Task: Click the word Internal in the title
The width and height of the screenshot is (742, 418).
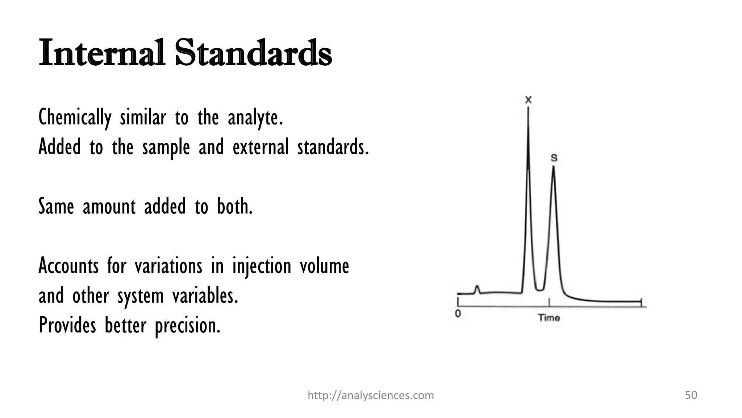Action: click(x=101, y=53)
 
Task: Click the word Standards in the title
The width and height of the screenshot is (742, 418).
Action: click(x=253, y=53)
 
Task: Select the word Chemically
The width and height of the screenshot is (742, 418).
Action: click(x=75, y=118)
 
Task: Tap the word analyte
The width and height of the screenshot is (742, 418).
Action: click(x=255, y=118)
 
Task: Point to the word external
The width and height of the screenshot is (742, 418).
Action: click(x=260, y=147)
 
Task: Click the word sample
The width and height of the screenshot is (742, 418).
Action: click(x=166, y=148)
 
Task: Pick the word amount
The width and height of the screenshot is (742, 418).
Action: click(x=109, y=207)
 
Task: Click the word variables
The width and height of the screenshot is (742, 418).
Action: click(x=205, y=296)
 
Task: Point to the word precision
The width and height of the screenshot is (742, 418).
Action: click(x=187, y=325)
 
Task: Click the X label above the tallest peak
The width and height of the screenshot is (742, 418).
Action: click(x=528, y=99)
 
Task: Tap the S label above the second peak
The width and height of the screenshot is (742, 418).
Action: click(x=554, y=158)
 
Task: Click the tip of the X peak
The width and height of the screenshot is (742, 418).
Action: click(x=528, y=109)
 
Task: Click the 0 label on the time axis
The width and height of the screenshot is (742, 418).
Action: click(x=458, y=313)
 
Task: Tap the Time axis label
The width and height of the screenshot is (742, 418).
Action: click(x=549, y=318)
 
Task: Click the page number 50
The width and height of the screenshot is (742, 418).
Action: click(x=691, y=395)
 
